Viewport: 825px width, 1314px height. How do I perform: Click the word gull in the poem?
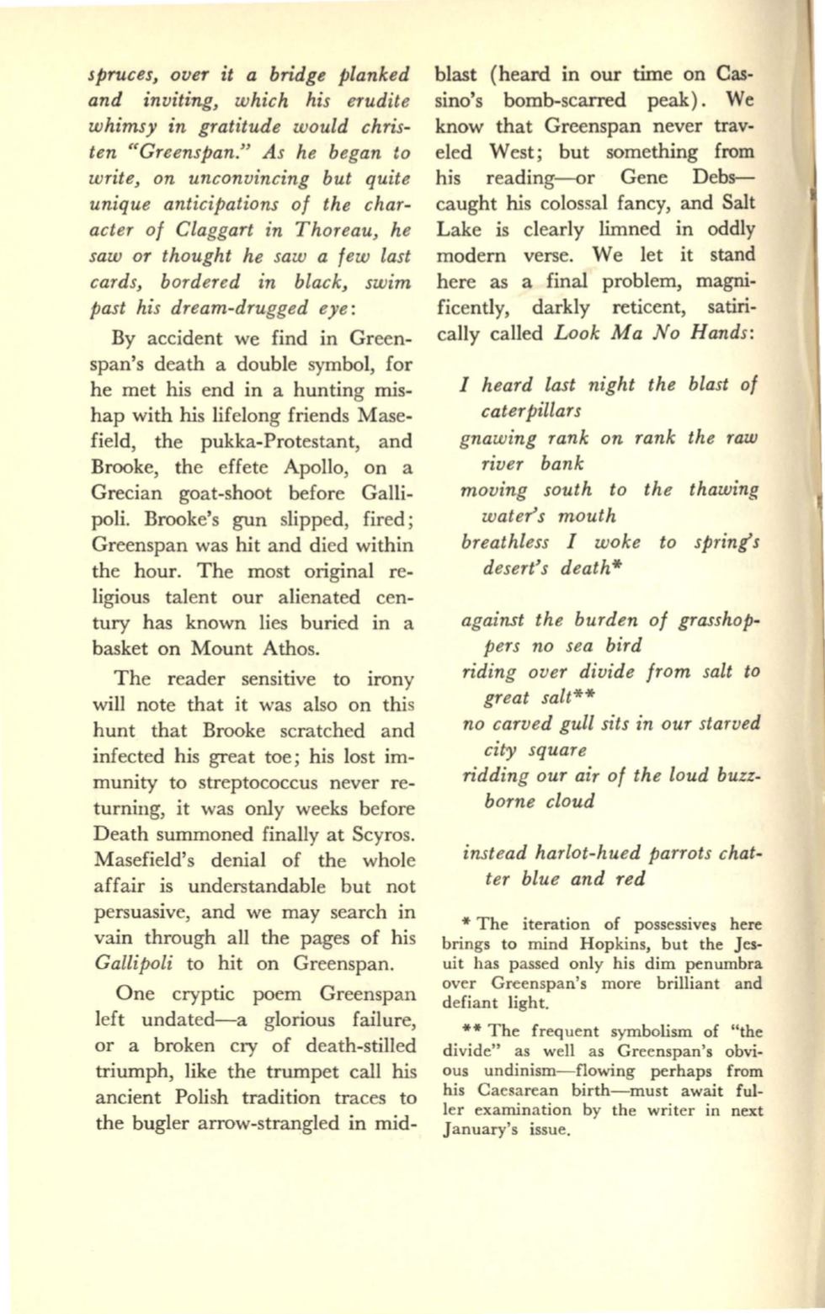point(574,723)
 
